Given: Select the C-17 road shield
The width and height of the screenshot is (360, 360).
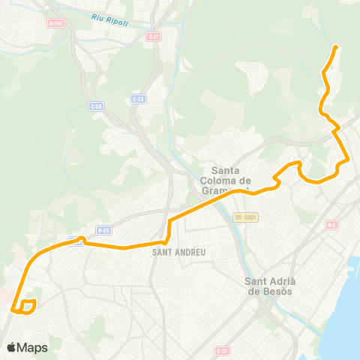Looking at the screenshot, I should coord(154,36).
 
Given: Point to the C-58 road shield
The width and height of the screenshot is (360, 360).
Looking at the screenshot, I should coord(95,106).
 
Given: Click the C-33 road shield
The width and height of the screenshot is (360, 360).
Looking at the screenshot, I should coord(137,98).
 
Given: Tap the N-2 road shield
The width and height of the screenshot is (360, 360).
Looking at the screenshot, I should coord(331,225).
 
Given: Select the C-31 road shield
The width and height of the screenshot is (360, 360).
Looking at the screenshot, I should coord(221,350).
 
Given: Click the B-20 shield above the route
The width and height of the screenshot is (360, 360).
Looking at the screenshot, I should coord(103,230).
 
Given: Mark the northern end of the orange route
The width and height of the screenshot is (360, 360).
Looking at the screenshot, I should coord(334,47).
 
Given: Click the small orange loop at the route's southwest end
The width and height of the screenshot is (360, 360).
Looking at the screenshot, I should coord(28,306).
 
